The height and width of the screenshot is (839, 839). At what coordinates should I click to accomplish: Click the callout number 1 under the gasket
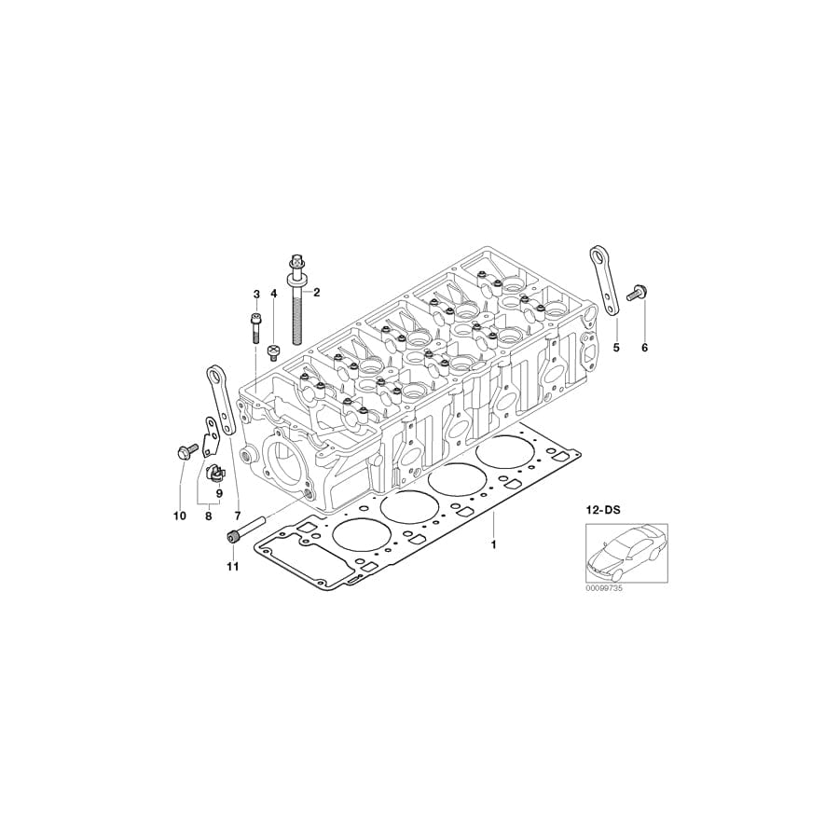(494, 542)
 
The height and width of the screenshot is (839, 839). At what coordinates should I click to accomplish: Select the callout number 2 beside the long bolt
(316, 293)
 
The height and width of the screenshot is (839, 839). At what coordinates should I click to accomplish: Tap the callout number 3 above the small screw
(255, 295)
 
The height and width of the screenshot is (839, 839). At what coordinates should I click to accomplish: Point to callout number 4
(274, 295)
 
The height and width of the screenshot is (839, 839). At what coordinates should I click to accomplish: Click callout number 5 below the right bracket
(615, 348)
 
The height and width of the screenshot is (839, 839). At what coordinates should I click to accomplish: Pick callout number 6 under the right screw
(643, 348)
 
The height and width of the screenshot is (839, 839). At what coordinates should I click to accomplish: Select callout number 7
(238, 516)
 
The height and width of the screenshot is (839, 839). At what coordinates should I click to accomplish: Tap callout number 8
(208, 516)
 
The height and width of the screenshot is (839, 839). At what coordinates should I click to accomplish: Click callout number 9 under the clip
(219, 493)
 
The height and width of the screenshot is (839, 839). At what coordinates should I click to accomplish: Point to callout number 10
(180, 516)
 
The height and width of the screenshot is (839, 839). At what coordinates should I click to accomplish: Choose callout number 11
(232, 566)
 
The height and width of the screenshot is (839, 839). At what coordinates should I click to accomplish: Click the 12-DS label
(603, 511)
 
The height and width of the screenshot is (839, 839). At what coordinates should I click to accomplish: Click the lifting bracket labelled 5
(603, 280)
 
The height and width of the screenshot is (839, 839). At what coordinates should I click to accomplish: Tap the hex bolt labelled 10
(182, 453)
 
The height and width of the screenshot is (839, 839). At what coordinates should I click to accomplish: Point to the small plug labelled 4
(274, 352)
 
